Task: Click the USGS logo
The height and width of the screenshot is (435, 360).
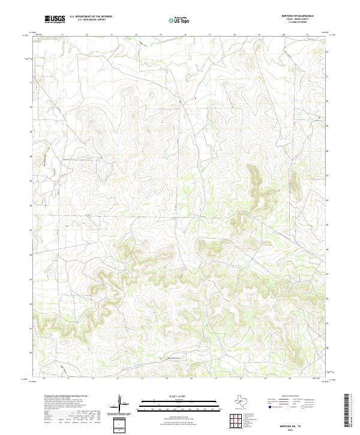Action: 55,20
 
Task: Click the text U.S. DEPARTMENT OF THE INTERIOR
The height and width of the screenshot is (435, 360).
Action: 91,17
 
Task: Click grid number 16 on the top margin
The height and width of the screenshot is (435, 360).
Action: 185,35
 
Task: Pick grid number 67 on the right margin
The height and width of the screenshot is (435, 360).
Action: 327,176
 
